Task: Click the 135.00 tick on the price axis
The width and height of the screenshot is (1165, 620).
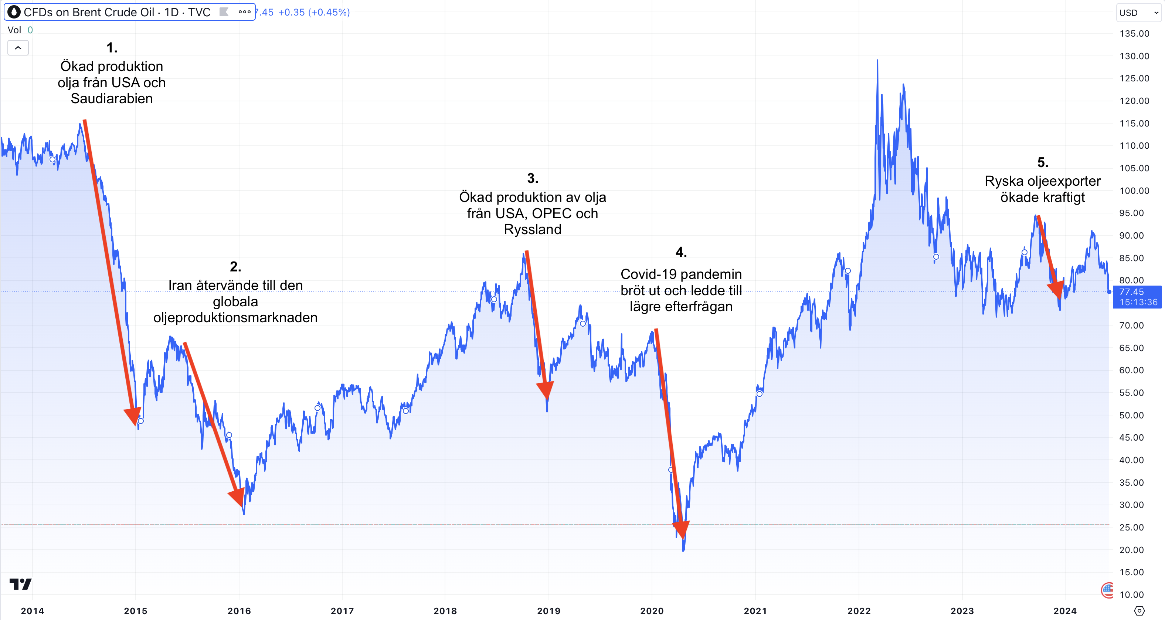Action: pos(1134,34)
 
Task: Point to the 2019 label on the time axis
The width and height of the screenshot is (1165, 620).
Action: pos(548,611)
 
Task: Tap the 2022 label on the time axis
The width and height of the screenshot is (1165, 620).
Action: pos(858,611)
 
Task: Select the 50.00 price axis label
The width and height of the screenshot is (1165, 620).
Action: pos(1131,415)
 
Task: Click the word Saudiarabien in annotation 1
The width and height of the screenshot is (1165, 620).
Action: pos(112,99)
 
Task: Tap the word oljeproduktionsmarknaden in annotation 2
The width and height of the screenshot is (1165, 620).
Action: pos(235,318)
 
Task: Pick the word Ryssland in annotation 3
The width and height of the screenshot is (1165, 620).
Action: pos(532,229)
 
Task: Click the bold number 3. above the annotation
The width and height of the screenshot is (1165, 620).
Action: pos(532,178)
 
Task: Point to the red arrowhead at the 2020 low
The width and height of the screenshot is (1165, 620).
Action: pos(681,529)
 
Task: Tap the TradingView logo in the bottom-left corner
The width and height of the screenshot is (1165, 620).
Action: pos(20,584)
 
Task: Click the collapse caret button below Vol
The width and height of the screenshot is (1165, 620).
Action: pos(18,47)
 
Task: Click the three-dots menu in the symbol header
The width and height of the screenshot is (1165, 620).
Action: pos(244,12)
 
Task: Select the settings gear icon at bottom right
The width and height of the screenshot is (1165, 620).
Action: pos(1139,610)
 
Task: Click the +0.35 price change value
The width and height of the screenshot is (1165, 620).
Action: pos(291,12)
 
